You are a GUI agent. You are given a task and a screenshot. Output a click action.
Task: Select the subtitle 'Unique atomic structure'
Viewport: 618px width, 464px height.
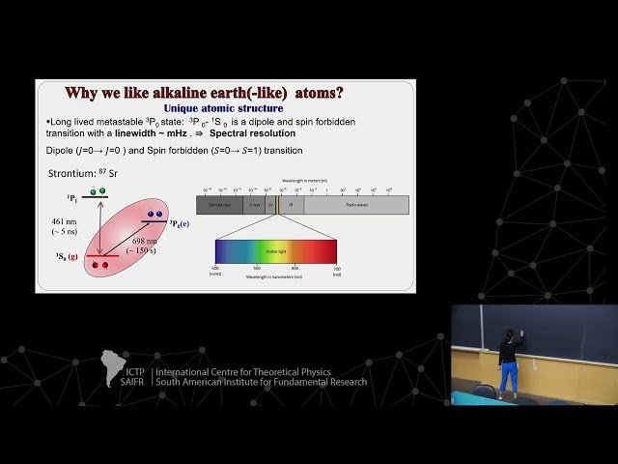pos(224,108)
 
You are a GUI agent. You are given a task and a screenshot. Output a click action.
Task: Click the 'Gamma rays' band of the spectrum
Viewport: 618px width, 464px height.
pos(219,205)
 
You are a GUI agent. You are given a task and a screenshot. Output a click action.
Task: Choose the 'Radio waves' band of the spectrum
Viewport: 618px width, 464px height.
pos(355,205)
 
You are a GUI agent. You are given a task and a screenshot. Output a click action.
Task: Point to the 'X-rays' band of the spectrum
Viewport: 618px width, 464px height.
pos(255,205)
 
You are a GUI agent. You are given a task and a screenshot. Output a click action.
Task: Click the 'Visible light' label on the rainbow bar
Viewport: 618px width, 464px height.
pos(276,249)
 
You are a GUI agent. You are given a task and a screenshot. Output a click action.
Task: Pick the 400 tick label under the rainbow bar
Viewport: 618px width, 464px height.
pos(216,268)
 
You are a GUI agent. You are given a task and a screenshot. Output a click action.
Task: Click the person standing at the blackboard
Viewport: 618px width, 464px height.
pos(508,361)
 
